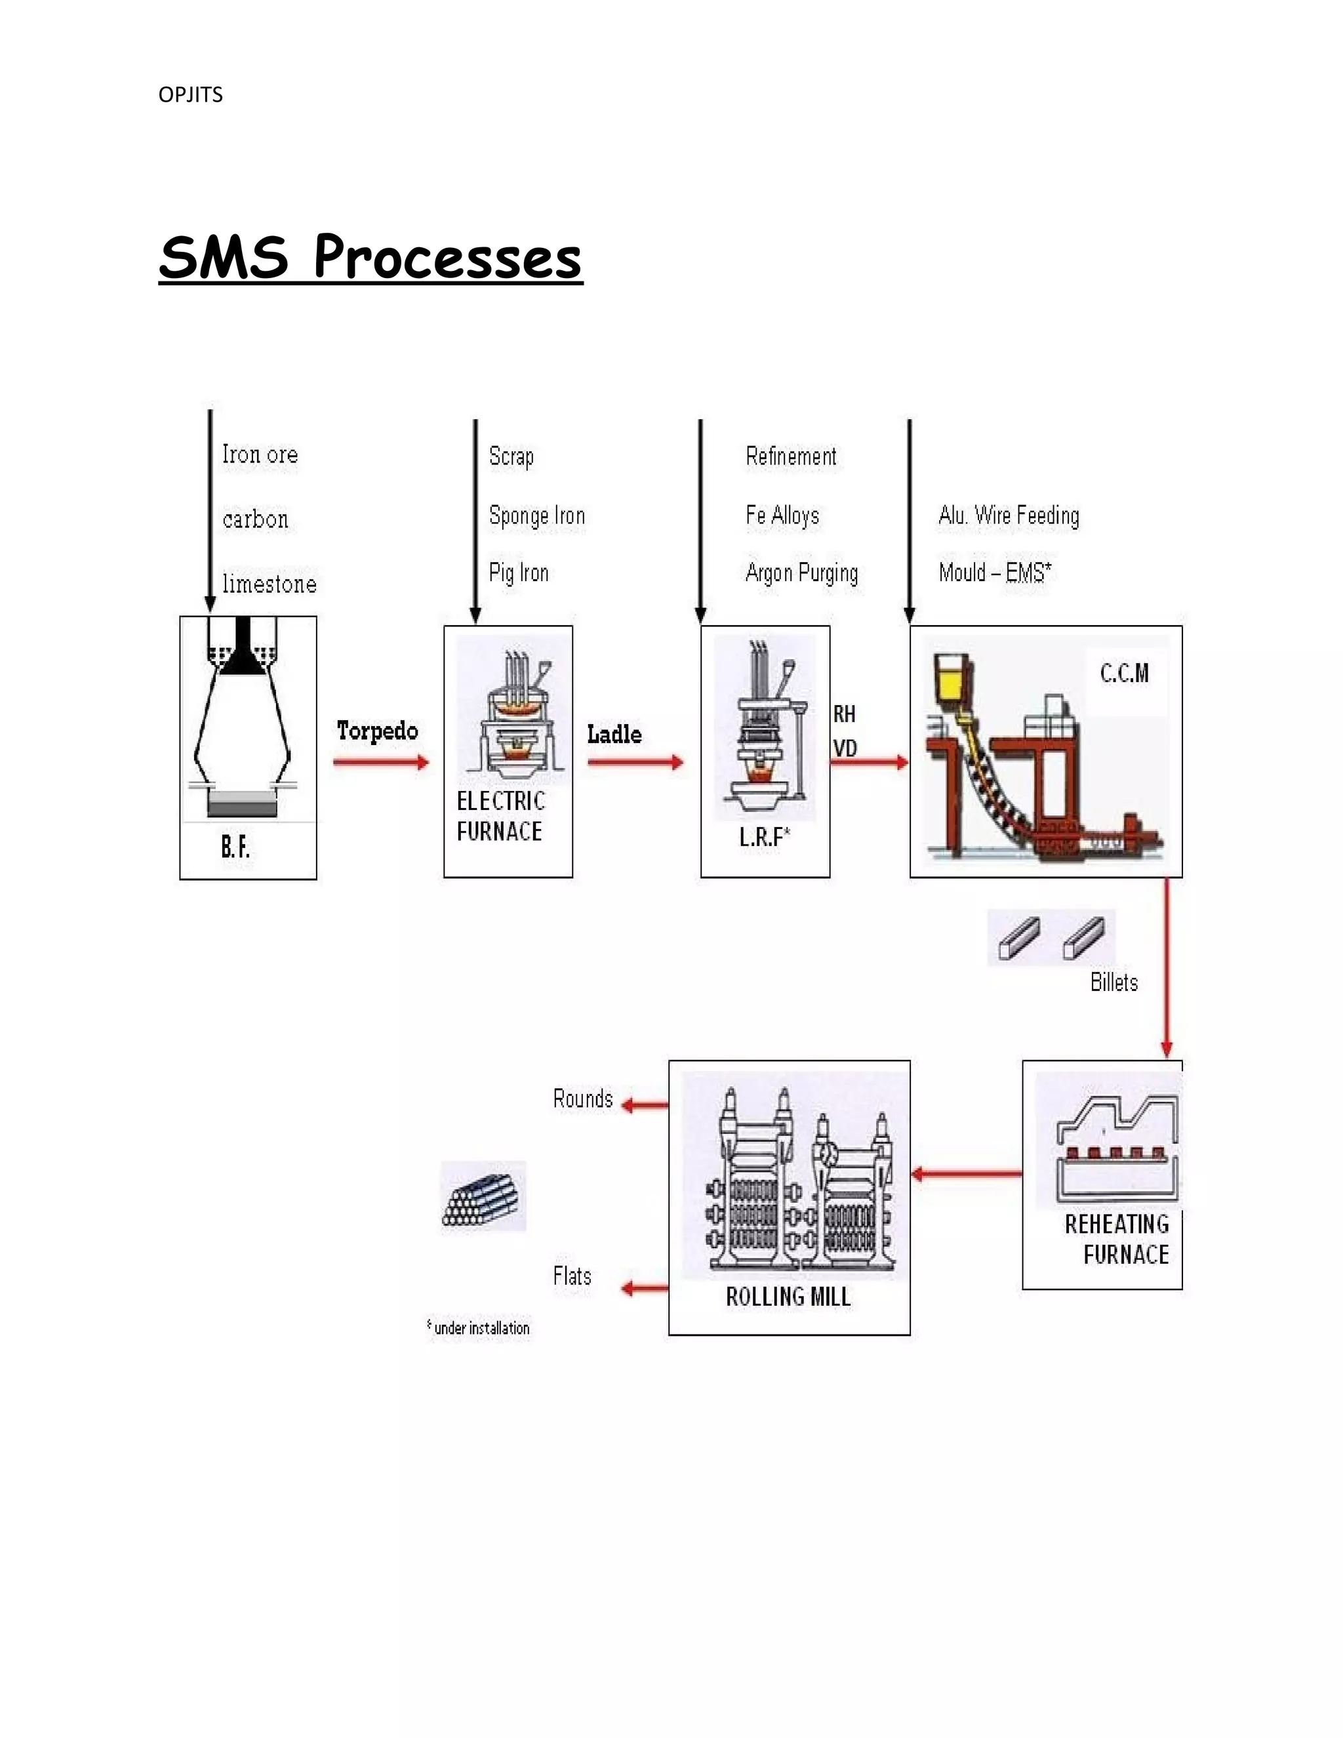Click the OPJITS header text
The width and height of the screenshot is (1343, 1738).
tap(190, 94)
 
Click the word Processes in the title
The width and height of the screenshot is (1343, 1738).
tap(448, 257)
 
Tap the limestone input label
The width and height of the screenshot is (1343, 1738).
tap(269, 584)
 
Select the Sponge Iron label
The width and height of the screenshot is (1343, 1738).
tap(537, 515)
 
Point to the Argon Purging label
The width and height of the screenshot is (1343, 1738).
tap(801, 573)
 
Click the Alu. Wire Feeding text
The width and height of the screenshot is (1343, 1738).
tap(1009, 515)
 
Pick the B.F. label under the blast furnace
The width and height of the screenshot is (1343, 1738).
tap(235, 847)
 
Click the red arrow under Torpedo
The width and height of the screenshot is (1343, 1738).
tap(380, 762)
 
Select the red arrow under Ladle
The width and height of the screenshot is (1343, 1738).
tap(635, 762)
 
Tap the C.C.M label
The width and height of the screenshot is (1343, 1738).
tap(1124, 674)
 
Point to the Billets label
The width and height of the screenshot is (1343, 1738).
tap(1114, 983)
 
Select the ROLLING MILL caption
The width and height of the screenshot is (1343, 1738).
tap(788, 1297)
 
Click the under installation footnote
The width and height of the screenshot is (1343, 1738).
tap(478, 1327)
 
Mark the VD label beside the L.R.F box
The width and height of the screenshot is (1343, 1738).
tap(845, 748)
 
